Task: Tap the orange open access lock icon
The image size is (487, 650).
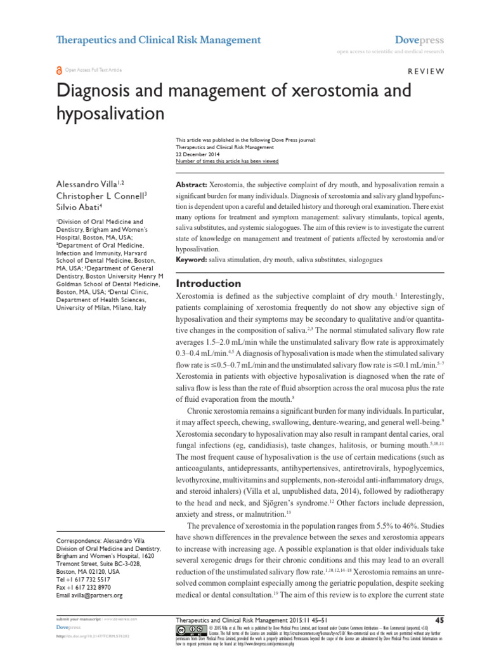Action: point(60,70)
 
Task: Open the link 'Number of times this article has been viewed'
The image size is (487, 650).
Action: point(226,161)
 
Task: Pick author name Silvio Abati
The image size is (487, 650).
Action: point(78,206)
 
